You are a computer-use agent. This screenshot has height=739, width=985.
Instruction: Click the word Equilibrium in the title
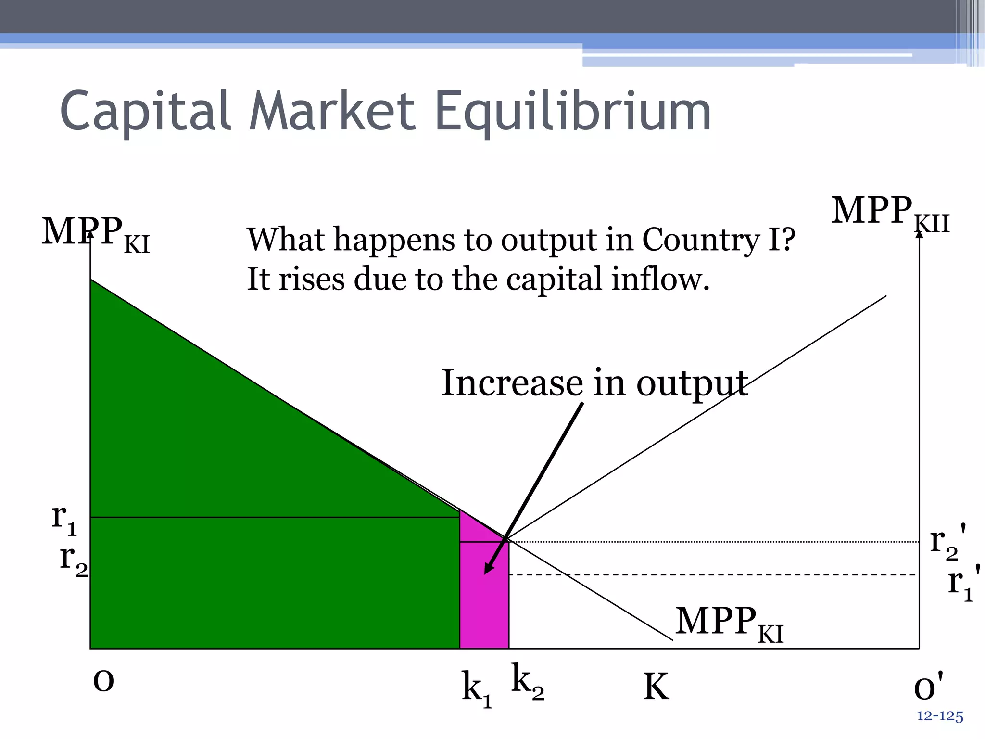572,112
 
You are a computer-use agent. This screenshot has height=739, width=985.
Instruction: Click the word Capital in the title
146,112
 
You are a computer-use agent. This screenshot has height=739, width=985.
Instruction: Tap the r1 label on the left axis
64,520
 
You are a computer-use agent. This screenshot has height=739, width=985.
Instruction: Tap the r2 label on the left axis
74,561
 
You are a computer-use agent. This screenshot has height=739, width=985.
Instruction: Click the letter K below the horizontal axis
656,687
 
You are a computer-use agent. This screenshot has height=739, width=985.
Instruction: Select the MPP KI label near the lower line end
729,623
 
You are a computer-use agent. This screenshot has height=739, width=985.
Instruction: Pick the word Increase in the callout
512,383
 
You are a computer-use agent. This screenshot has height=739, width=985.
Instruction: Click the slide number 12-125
939,716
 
